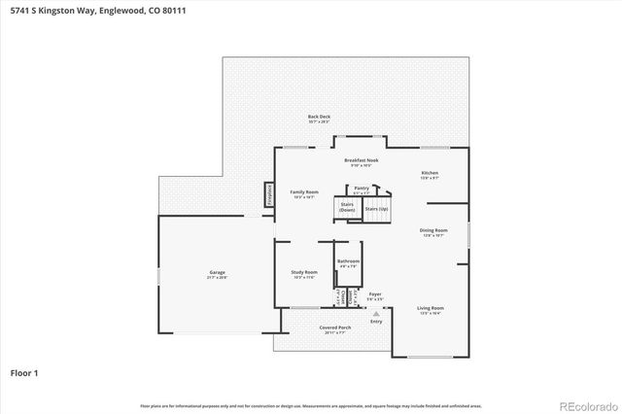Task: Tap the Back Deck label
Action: coord(319,118)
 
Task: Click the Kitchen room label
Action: coord(430,175)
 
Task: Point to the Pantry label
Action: coord(362,190)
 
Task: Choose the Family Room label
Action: coord(304,193)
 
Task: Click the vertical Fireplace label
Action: coord(268,194)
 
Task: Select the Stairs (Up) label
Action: coord(375,209)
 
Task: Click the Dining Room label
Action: coord(433,232)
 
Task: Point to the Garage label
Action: coord(217,273)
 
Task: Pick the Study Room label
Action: coord(304,274)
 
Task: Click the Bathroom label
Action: coord(348,262)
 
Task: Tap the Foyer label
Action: coord(375,294)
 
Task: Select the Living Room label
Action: coord(430,309)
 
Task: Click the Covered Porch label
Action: coord(334,329)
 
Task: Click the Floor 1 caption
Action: coord(25,372)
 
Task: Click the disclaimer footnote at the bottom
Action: coord(311,405)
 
